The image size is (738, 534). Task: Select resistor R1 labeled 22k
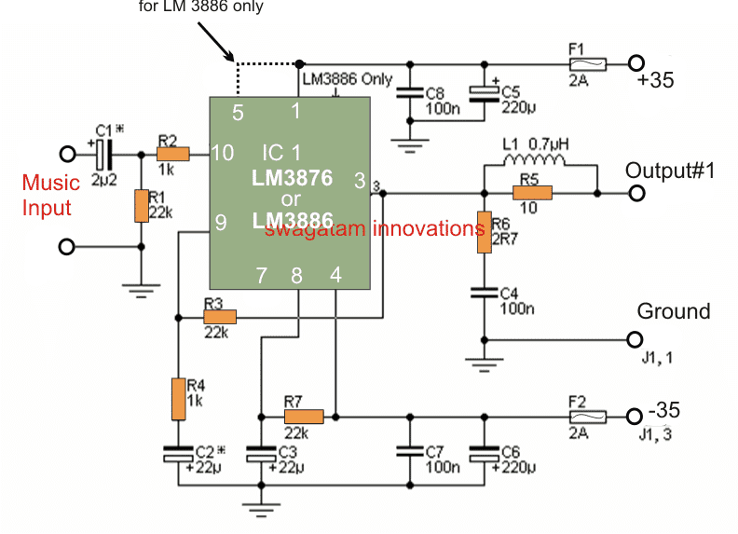pyautogui.click(x=141, y=206)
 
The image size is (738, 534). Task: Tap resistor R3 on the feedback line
pyautogui.click(x=220, y=318)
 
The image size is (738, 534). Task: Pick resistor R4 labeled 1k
pyautogui.click(x=177, y=400)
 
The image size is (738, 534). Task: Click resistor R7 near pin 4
pyautogui.click(x=303, y=417)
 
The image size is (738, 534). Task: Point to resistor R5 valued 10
pyautogui.click(x=532, y=193)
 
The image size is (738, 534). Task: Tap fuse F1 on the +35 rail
pyautogui.click(x=589, y=64)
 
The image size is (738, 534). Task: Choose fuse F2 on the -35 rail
pyautogui.click(x=589, y=417)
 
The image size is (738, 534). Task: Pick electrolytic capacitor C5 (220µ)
pyautogui.click(x=483, y=92)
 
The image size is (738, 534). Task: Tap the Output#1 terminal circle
pyautogui.click(x=636, y=193)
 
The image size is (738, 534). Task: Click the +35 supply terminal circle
pyautogui.click(x=636, y=64)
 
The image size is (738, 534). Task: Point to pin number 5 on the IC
pyautogui.click(x=238, y=113)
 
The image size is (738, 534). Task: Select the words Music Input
pyautogui.click(x=51, y=194)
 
